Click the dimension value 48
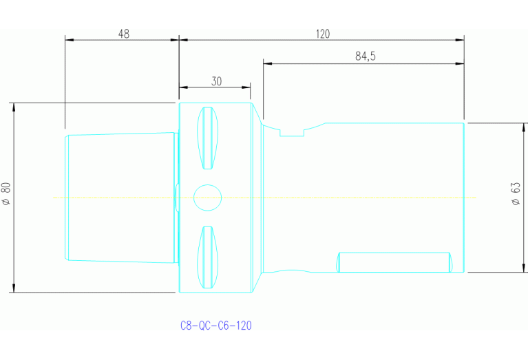(x=123, y=33)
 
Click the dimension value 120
(x=323, y=33)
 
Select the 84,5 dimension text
(x=365, y=56)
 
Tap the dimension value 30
(x=216, y=81)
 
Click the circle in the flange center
(x=208, y=198)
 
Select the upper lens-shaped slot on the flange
(x=208, y=138)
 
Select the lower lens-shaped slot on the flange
(x=208, y=257)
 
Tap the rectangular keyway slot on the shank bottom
(x=394, y=262)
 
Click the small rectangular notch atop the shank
(x=291, y=132)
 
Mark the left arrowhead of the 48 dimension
(x=69, y=40)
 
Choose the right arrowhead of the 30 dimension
(x=246, y=87)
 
